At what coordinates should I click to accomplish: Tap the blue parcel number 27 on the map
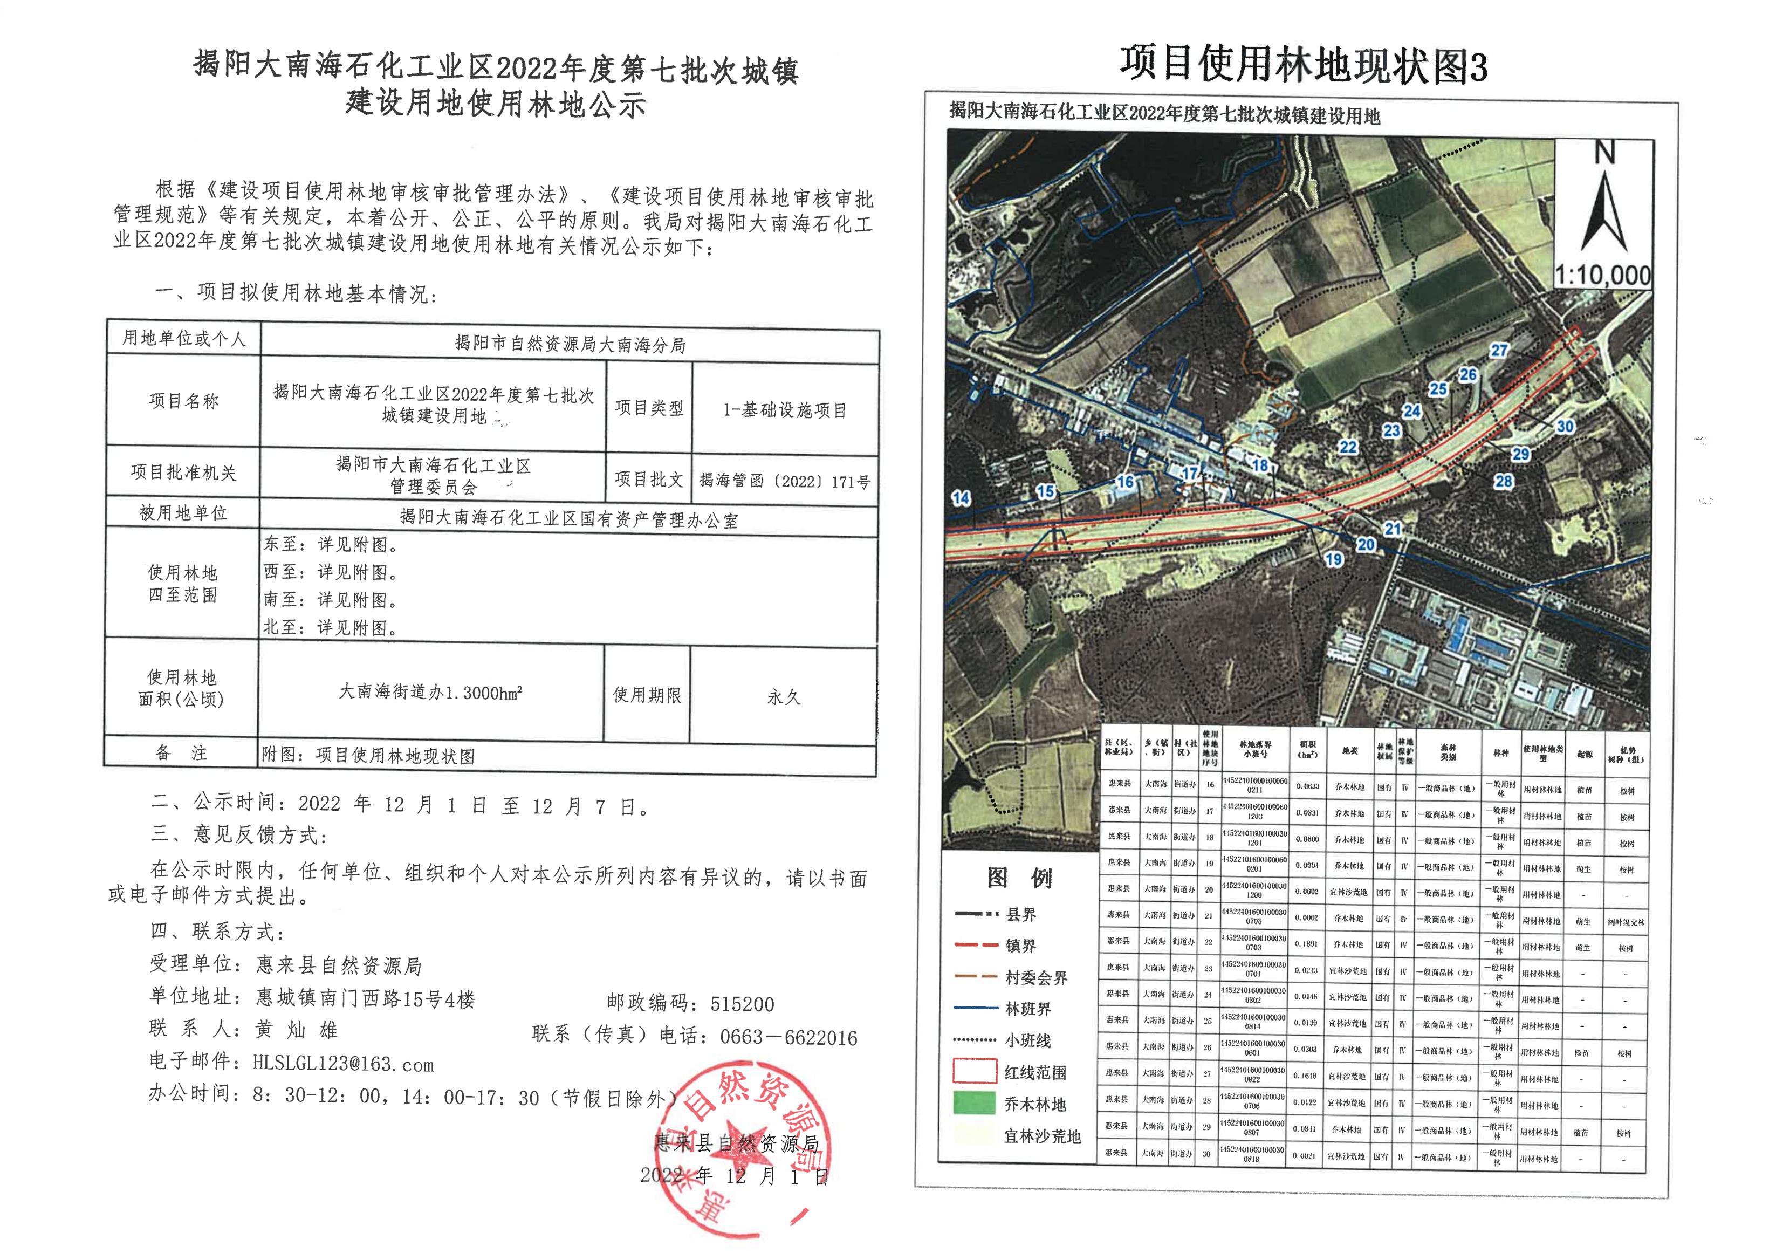[1498, 351]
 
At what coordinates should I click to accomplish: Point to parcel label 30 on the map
[1565, 427]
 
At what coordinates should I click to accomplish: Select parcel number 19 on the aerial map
[1333, 559]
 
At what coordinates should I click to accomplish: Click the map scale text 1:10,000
[1602, 275]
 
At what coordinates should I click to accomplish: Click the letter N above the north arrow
[1604, 153]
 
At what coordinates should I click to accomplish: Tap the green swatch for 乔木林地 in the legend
[975, 1104]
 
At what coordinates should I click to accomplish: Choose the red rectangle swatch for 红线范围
[975, 1072]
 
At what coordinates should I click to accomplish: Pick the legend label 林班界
[1027, 1009]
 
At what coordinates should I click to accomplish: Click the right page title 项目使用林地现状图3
[1302, 65]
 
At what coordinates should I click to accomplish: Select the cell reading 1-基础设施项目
[784, 410]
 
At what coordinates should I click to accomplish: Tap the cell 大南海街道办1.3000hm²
[430, 692]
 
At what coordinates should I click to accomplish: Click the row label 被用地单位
[183, 513]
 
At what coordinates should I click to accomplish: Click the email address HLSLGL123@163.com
[342, 1064]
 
